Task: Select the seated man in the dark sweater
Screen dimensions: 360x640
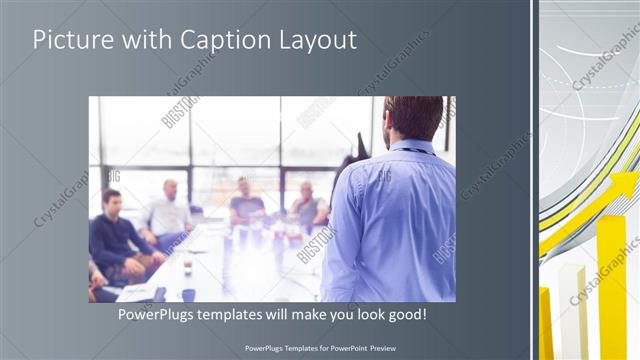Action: (x=112, y=235)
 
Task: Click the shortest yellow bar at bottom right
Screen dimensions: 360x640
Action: (x=546, y=325)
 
